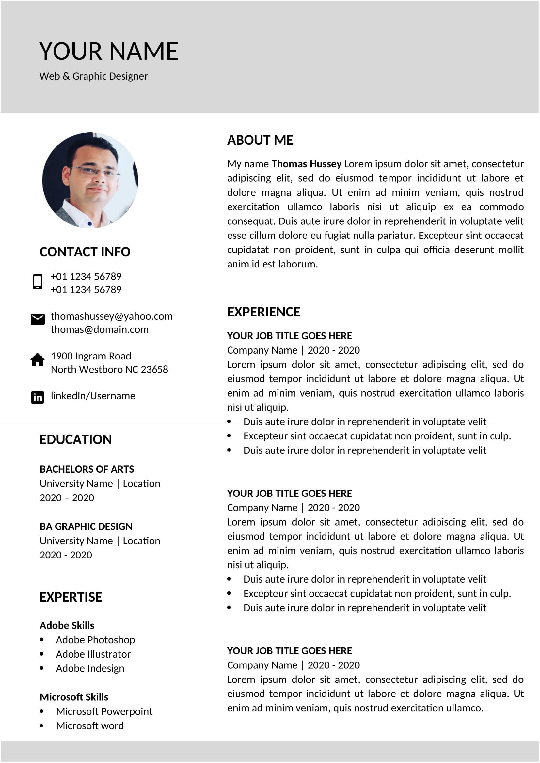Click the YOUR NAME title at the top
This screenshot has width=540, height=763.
[108, 51]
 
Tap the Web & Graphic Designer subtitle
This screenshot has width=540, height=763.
[93, 76]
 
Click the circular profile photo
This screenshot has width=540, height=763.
[90, 180]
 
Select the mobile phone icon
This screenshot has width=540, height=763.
[38, 282]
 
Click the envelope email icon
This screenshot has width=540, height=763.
[38, 319]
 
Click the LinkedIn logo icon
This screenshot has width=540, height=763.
[38, 397]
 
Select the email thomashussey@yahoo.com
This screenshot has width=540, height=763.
[111, 316]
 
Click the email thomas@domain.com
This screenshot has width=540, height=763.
[100, 329]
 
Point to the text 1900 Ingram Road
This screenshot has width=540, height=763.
[91, 356]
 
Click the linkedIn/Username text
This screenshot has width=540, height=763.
[93, 396]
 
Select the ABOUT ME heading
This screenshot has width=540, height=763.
[260, 140]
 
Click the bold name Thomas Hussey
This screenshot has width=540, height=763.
[306, 164]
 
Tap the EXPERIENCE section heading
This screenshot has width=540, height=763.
[263, 312]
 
